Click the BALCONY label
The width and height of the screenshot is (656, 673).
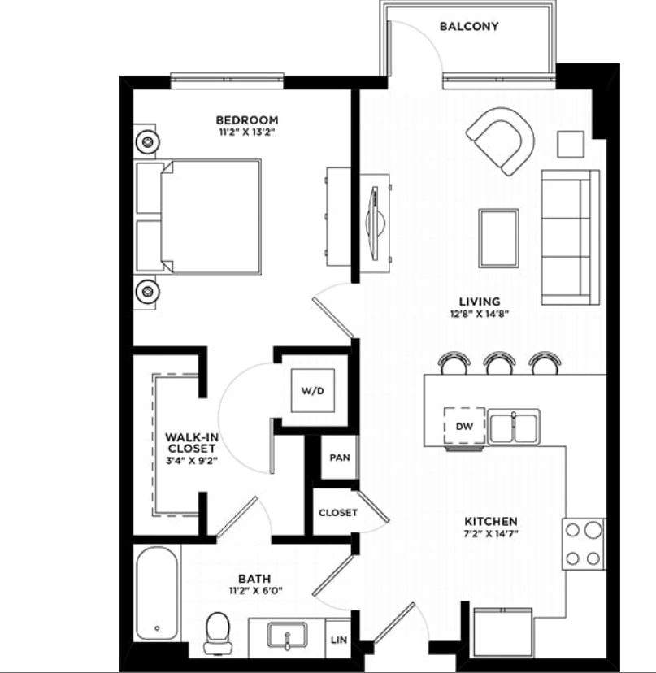[x=469, y=26]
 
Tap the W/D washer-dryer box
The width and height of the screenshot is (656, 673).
[x=313, y=391]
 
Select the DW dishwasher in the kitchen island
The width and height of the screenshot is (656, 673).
[x=464, y=425]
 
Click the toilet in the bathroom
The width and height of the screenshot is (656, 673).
[x=216, y=632]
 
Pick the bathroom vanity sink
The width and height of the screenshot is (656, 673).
[x=288, y=635]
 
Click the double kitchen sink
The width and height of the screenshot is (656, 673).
[x=514, y=427]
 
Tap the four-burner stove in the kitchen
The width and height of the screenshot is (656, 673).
[x=584, y=543]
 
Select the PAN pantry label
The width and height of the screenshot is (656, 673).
[x=339, y=457]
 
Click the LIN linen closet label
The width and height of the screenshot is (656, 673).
[x=339, y=640]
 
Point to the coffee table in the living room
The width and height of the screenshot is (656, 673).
[x=498, y=237]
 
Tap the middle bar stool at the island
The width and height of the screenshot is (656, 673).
[x=498, y=363]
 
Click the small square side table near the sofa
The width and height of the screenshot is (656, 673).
[x=571, y=143]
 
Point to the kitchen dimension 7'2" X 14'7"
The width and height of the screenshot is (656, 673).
[x=491, y=534]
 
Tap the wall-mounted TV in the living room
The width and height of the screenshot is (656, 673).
[x=374, y=219]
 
